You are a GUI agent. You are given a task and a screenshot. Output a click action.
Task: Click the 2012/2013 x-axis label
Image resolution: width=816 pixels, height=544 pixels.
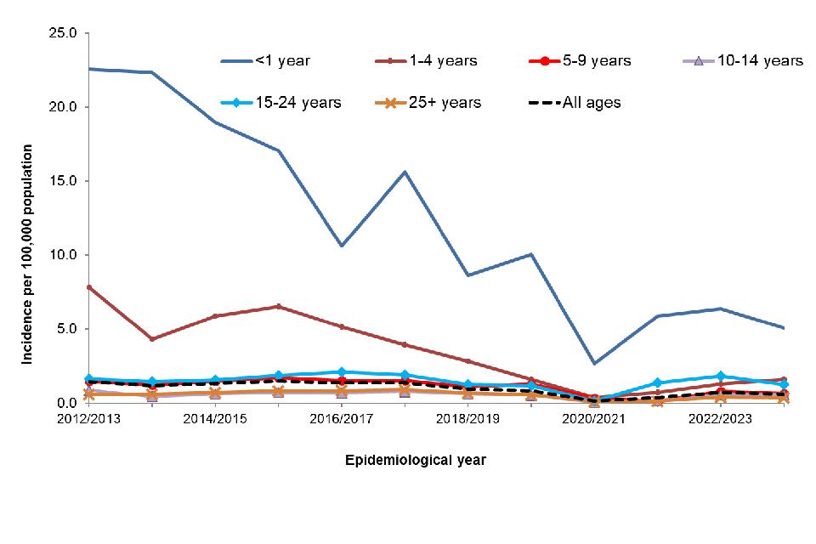[88, 419]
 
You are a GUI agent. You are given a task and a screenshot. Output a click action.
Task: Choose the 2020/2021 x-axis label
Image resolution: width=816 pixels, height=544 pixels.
[593, 419]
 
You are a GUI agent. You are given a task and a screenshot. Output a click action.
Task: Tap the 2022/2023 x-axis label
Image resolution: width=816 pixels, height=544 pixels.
[719, 419]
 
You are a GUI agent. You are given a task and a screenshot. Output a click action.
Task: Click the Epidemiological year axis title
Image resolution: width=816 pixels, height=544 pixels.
[416, 460]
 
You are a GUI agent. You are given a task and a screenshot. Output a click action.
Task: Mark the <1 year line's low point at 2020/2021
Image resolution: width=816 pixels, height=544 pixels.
[593, 363]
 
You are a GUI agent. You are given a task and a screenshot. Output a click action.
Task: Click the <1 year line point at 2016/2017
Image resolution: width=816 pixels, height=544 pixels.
[341, 246]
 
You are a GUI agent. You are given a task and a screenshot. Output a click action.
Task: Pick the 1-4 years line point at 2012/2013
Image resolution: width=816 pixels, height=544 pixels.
[88, 287]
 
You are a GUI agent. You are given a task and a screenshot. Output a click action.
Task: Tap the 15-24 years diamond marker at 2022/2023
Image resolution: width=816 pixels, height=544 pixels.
[720, 376]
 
